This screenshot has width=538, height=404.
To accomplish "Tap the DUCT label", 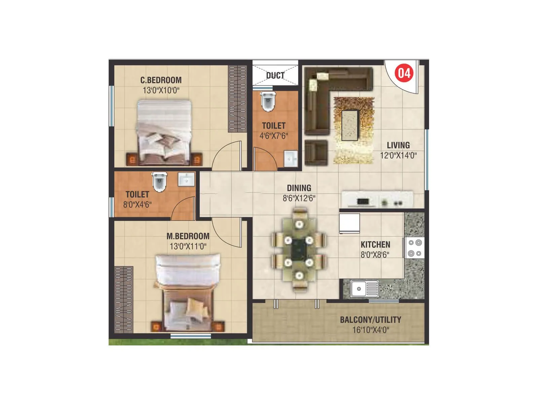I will pos(275,75).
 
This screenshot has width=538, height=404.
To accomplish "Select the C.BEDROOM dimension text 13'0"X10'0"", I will pos(161,90).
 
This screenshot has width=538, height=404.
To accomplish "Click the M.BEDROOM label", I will pos(188,236).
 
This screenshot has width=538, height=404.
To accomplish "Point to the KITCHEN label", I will pos(375,244).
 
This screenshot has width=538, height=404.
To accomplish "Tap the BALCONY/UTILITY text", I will pos(370,319).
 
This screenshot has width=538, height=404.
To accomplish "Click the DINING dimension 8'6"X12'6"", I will pos(299,198).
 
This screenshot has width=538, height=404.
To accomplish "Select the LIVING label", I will pos(398,145).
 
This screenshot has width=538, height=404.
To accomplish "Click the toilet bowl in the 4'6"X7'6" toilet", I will pos(268,101).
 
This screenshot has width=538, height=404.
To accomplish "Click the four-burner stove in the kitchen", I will pos(415,248).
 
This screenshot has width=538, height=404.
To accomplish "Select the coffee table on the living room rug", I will pos(350,125).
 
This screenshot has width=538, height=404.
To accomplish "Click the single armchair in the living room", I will pos(316,153).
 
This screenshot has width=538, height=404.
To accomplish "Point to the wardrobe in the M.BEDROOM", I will pos(124,299).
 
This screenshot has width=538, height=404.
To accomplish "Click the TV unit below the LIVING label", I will pos(377,199).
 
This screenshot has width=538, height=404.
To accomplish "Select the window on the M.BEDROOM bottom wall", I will pos(190,336).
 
